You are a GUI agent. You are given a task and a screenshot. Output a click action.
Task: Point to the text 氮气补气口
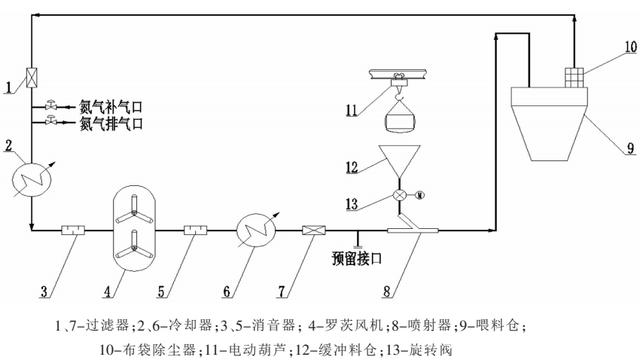pos(112,105)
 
